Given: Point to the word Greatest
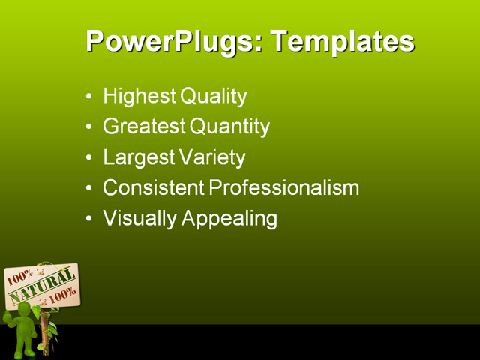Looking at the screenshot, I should pos(144,127).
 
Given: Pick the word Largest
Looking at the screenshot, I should pos(138,158).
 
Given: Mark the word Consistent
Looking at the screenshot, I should pos(152,188).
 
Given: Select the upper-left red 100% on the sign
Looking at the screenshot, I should pos(19,277).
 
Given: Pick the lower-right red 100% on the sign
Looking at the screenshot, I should pos(62,294).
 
